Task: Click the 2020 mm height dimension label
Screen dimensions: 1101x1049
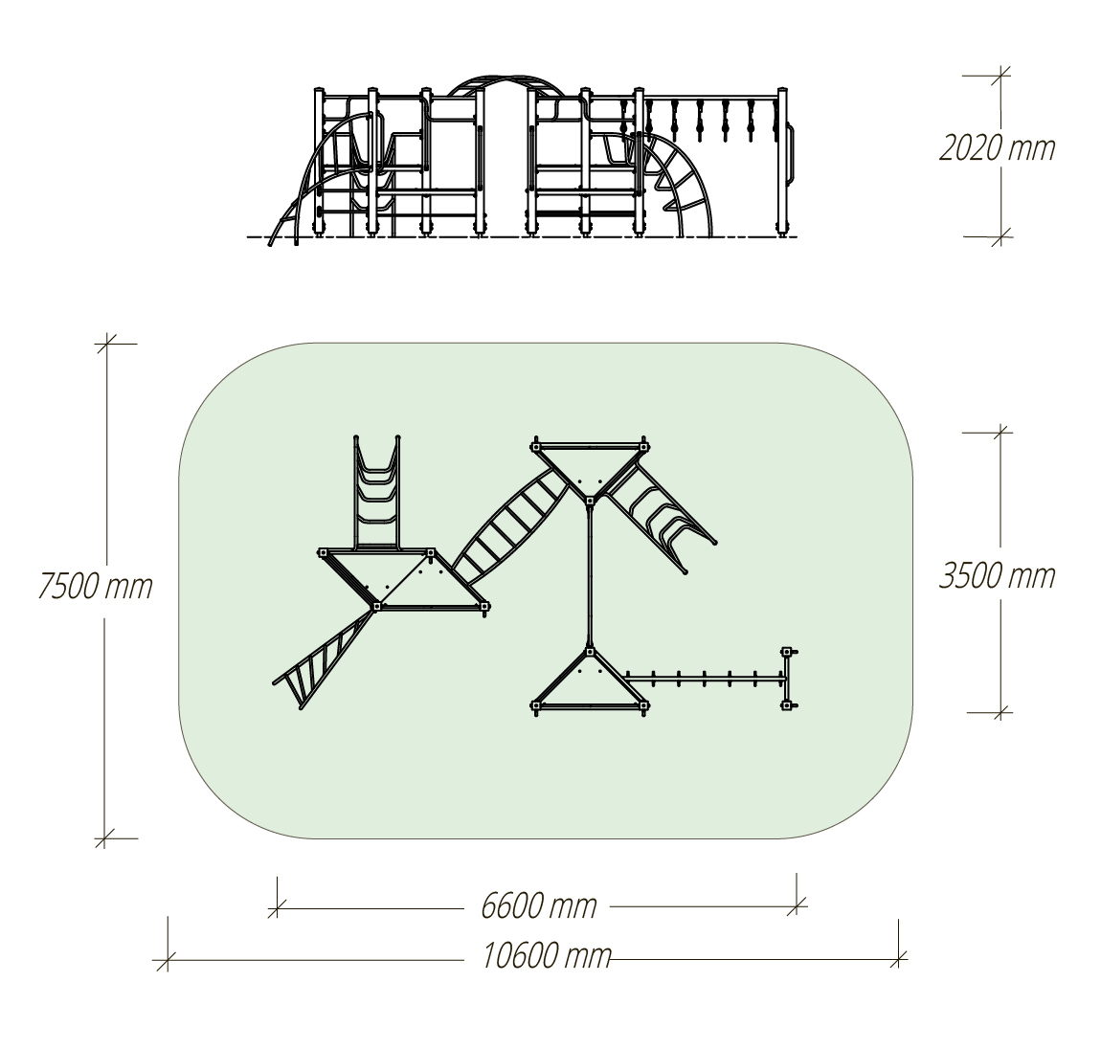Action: click(x=997, y=149)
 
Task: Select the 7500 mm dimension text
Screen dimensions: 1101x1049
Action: click(x=95, y=587)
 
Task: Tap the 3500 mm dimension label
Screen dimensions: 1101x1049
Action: click(x=997, y=576)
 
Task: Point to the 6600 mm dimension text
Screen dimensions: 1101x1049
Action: click(x=539, y=905)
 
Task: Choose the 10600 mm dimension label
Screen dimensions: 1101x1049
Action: click(x=547, y=955)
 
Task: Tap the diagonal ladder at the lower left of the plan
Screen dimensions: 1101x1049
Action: click(x=322, y=660)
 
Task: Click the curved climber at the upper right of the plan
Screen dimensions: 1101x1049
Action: click(x=660, y=518)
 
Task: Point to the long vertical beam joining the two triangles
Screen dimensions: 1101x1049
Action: click(x=590, y=572)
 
